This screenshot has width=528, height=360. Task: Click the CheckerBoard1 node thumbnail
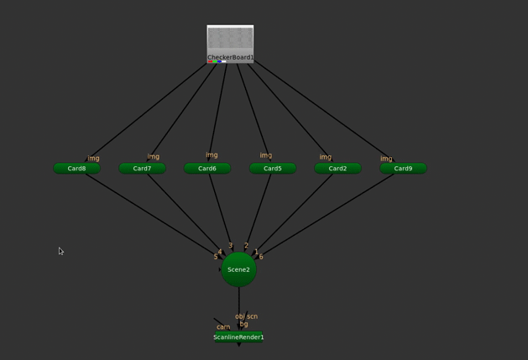coord(230,39)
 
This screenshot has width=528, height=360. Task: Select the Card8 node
coord(76,169)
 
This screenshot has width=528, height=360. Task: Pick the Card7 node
coord(142,169)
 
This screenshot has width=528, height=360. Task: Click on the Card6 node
coord(207,169)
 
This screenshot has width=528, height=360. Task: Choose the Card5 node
coord(273,169)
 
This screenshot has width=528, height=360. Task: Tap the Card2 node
coord(337,169)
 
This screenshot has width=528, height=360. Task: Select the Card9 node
coord(403,169)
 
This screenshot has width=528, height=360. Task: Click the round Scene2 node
coord(238,269)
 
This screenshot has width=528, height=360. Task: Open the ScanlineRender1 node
coord(238,337)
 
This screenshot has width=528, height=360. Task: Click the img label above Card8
coord(93,158)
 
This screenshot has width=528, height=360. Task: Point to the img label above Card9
coord(386,159)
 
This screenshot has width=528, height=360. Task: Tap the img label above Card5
coord(265,155)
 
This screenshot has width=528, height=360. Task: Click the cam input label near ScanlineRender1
coord(223,327)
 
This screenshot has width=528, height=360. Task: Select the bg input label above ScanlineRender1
coord(243,324)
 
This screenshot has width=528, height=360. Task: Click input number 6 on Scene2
coord(261,257)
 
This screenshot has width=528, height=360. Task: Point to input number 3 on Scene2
coord(230,246)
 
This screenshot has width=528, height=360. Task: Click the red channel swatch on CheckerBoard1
coord(210,61)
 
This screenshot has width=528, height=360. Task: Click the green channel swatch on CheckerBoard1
coord(215,61)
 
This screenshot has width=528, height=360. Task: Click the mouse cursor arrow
coord(60,250)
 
